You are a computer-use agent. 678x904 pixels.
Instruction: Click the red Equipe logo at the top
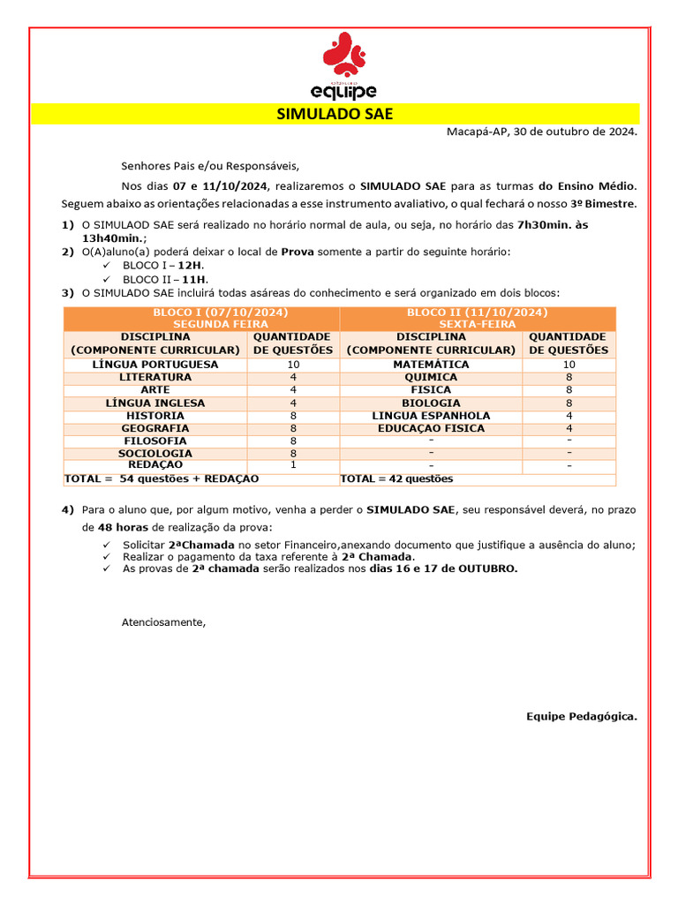[x=344, y=65]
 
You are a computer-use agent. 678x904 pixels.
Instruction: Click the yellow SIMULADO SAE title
[x=335, y=114]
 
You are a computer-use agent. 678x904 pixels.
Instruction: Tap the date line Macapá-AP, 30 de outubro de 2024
[x=541, y=132]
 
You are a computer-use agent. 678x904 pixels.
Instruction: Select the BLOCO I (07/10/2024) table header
[x=202, y=319]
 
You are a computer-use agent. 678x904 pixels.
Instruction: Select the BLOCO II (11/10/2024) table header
[x=477, y=319]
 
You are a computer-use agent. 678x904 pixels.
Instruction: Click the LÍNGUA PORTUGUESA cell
[x=155, y=365]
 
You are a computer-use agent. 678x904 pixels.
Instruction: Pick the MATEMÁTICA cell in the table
[x=431, y=365]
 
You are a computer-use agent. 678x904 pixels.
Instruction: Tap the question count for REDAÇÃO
[x=293, y=465]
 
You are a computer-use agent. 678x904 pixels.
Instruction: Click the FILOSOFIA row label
[x=155, y=441]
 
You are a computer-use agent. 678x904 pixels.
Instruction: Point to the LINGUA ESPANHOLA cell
[x=431, y=416]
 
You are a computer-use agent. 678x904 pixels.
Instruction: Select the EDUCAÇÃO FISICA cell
[x=431, y=428]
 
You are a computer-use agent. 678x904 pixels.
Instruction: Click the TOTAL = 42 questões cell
[x=396, y=479]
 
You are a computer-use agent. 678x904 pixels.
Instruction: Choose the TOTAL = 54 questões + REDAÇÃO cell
[x=162, y=479]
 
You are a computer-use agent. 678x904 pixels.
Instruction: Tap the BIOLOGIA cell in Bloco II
[x=431, y=403]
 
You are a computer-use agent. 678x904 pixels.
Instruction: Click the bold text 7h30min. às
[x=553, y=225]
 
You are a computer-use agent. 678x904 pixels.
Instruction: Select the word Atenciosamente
[x=162, y=622]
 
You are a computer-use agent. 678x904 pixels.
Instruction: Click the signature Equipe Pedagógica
[x=581, y=716]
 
